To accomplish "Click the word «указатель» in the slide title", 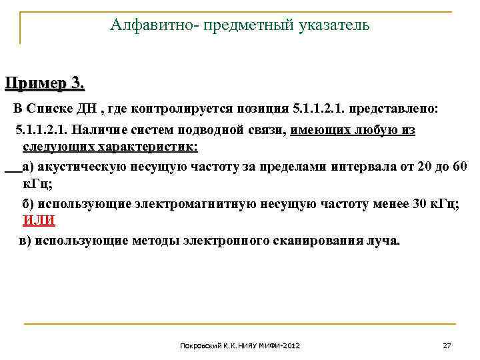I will pos(331,26).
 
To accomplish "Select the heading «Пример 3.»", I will pos(45,84).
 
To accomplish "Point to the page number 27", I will pos(447,346).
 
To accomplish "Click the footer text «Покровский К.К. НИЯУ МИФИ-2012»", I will pos(240,346).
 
